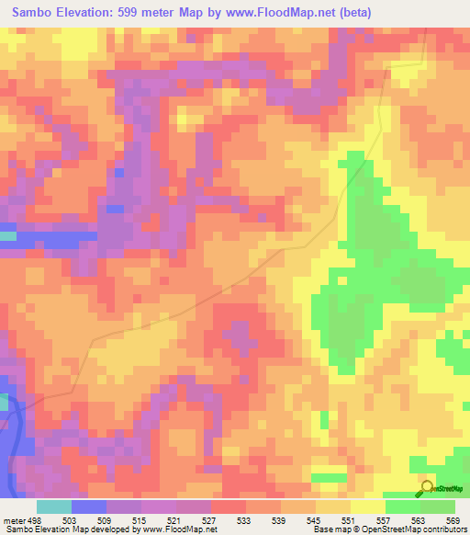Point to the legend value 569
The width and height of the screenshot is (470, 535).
pos(453,520)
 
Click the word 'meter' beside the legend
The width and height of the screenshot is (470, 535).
pos(16,520)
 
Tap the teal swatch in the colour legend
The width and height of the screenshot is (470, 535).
pos(54,507)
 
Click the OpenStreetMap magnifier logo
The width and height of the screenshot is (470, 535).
pos(427,487)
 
